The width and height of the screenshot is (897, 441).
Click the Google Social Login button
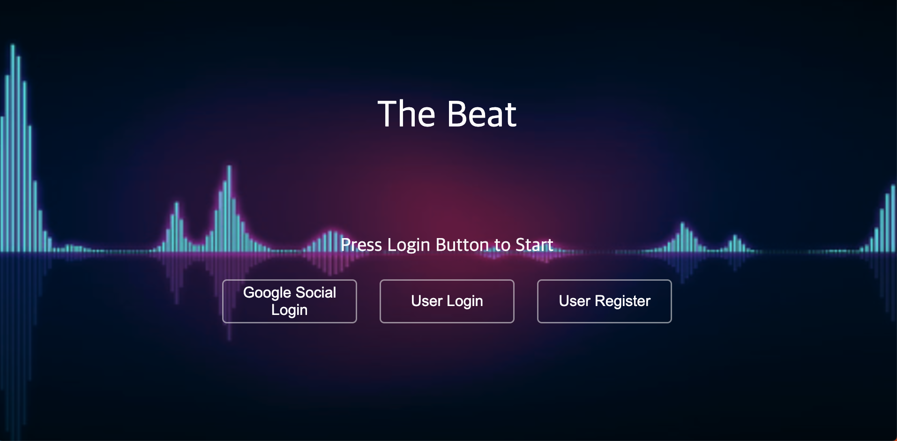coord(289,301)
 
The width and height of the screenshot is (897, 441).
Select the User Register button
coord(604,301)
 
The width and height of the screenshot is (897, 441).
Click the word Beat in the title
coord(482,114)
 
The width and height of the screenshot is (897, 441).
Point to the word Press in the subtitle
coord(361,245)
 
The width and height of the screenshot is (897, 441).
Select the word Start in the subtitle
coord(534,245)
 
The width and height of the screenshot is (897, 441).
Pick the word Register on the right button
coord(622,301)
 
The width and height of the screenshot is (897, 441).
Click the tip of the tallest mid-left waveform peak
coord(229,168)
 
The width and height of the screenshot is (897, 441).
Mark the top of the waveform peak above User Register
coord(682,224)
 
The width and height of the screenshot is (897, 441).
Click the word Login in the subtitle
coord(408,245)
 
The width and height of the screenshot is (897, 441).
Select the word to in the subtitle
coord(502,245)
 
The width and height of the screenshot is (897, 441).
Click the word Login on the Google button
coord(289,310)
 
